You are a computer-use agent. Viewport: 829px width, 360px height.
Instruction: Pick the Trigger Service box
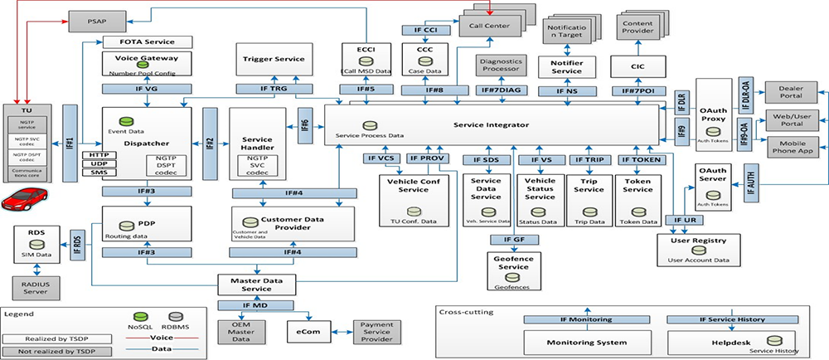(x=274, y=61)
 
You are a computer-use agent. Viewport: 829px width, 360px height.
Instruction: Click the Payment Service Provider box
(x=377, y=331)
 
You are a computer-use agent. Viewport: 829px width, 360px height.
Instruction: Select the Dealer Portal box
(x=792, y=91)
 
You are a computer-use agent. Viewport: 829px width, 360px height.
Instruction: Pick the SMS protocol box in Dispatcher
(x=99, y=172)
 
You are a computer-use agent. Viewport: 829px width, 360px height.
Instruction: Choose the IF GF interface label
(x=507, y=240)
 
